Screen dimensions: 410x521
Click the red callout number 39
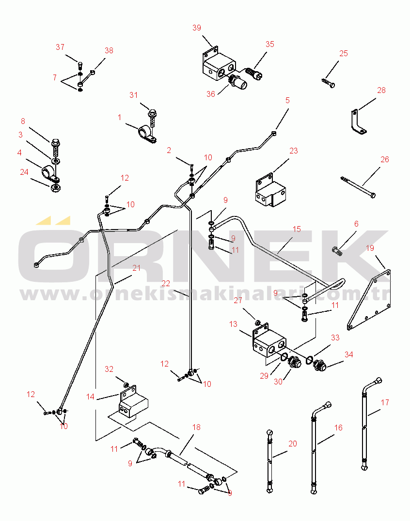click(197, 28)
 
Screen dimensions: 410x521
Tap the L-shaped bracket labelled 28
click(358, 122)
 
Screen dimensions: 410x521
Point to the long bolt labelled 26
click(359, 187)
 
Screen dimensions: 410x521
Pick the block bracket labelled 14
click(133, 401)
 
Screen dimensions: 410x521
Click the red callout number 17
click(385, 403)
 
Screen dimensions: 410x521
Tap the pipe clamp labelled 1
click(147, 135)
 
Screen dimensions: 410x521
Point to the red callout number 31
click(134, 95)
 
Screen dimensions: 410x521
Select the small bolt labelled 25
click(328, 83)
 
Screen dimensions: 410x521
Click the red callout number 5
click(288, 100)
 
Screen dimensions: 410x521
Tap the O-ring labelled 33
click(309, 360)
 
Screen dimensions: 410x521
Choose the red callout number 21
click(137, 268)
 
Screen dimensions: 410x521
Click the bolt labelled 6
click(337, 251)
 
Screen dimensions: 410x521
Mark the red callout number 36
click(211, 94)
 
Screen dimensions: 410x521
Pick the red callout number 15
click(297, 229)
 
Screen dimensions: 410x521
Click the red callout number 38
click(109, 50)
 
